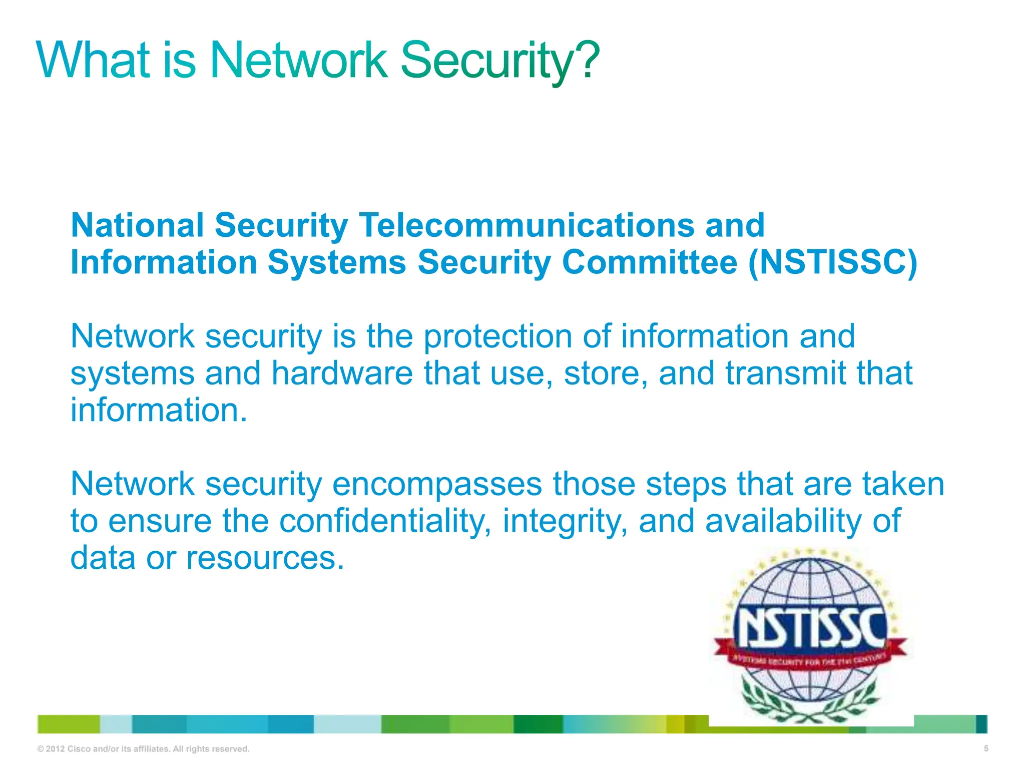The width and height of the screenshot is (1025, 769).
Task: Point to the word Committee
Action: click(650, 262)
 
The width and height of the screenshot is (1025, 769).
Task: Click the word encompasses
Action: click(437, 484)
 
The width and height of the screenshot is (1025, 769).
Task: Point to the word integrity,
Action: click(566, 521)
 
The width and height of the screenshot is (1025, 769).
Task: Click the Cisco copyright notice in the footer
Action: click(143, 749)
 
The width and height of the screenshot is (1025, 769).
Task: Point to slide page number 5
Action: click(986, 748)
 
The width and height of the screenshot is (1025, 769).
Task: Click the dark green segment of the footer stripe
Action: click(538, 724)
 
